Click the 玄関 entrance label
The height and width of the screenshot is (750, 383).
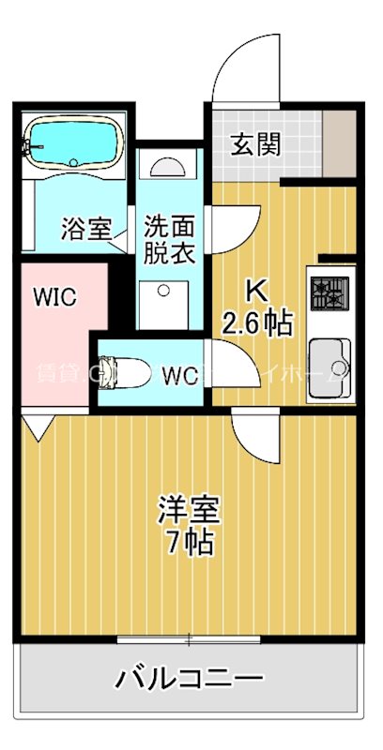255,145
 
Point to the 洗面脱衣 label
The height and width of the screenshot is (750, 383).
169,238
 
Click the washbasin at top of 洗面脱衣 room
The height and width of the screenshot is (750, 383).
168,167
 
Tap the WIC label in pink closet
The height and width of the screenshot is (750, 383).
55,297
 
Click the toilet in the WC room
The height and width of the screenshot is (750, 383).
123,372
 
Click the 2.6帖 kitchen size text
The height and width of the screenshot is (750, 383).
256,323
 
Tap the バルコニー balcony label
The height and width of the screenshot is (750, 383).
189,678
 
